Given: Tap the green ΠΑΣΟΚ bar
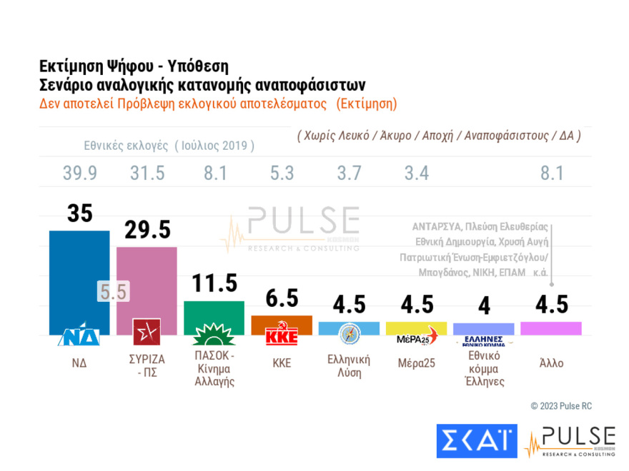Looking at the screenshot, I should [214, 310].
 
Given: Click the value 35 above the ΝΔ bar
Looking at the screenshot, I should [79, 214].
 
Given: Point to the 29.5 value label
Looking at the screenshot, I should [147, 230].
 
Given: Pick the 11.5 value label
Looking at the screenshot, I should [214, 283].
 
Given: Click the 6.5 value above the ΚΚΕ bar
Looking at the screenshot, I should [282, 298].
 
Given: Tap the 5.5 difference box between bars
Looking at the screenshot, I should [113, 291].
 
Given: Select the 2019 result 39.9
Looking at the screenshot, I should [79, 173].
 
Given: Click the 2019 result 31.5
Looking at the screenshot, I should [147, 173].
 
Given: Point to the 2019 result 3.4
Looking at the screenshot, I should [417, 173].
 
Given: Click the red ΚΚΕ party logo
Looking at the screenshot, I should [282, 335].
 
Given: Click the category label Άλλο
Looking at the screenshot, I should [551, 363].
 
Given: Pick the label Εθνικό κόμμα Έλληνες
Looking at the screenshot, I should [483, 368].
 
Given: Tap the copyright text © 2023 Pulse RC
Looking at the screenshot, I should [561, 406].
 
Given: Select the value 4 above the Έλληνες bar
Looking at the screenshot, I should [483, 305].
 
